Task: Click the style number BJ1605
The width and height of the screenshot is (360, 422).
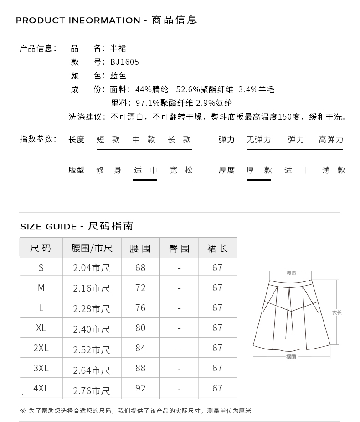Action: [x=124, y=62]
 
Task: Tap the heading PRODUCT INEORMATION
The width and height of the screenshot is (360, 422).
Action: [x=78, y=21]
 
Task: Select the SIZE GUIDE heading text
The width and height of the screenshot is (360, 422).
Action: [x=48, y=227]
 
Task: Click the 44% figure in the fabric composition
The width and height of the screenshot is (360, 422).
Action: [x=144, y=89]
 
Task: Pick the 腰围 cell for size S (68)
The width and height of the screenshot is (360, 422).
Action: [x=140, y=268]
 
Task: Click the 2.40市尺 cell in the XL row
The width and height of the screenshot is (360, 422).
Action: [x=92, y=328]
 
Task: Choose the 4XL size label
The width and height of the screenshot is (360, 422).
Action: [x=41, y=388]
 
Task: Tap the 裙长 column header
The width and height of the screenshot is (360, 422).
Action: [x=217, y=249]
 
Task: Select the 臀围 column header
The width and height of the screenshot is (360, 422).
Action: [x=179, y=249]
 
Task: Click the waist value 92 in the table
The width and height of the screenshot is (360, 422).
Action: [x=140, y=388]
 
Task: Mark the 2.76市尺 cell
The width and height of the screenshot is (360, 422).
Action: [x=92, y=391]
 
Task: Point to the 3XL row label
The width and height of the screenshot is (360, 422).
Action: [x=41, y=368]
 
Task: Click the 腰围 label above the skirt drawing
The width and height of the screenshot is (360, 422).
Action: [x=291, y=273]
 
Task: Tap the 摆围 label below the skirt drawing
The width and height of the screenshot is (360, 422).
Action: [x=291, y=357]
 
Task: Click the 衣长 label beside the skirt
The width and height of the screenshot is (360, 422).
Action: [x=336, y=313]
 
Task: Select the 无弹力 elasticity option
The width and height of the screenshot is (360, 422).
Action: [x=258, y=140]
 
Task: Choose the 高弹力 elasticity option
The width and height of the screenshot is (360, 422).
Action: [x=331, y=140]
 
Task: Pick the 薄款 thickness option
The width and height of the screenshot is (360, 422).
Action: [x=334, y=170]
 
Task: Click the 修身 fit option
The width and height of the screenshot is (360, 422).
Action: [x=109, y=170]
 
